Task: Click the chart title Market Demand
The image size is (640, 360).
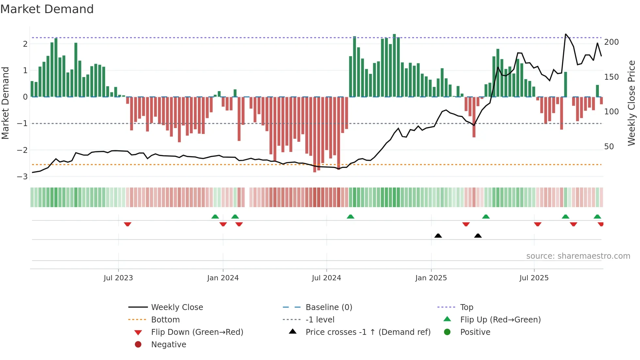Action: (47, 9)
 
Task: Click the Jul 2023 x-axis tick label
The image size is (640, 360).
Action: (118, 278)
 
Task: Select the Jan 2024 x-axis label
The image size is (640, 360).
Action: (223, 278)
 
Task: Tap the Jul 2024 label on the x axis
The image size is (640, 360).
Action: (326, 278)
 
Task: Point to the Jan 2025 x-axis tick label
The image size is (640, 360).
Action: (431, 278)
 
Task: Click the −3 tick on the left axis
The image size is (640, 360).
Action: (23, 177)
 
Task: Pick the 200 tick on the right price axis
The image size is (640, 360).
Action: (611, 42)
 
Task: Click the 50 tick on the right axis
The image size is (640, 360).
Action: (609, 147)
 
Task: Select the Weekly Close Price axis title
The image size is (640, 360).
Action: (632, 103)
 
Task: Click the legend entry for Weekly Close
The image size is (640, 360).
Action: (177, 307)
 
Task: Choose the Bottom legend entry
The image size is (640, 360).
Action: (165, 320)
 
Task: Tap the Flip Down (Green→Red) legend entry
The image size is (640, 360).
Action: (197, 332)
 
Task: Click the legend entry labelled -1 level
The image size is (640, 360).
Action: (320, 320)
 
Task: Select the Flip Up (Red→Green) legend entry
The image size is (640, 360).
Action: (500, 320)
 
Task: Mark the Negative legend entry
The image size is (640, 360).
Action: (168, 345)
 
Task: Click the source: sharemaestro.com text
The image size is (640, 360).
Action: (578, 256)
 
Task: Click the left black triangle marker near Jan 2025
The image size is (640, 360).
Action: (438, 236)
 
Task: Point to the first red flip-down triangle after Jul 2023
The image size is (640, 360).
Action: (128, 224)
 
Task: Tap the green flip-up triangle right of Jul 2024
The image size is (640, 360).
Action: (350, 217)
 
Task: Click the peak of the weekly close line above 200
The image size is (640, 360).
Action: (566, 34)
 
